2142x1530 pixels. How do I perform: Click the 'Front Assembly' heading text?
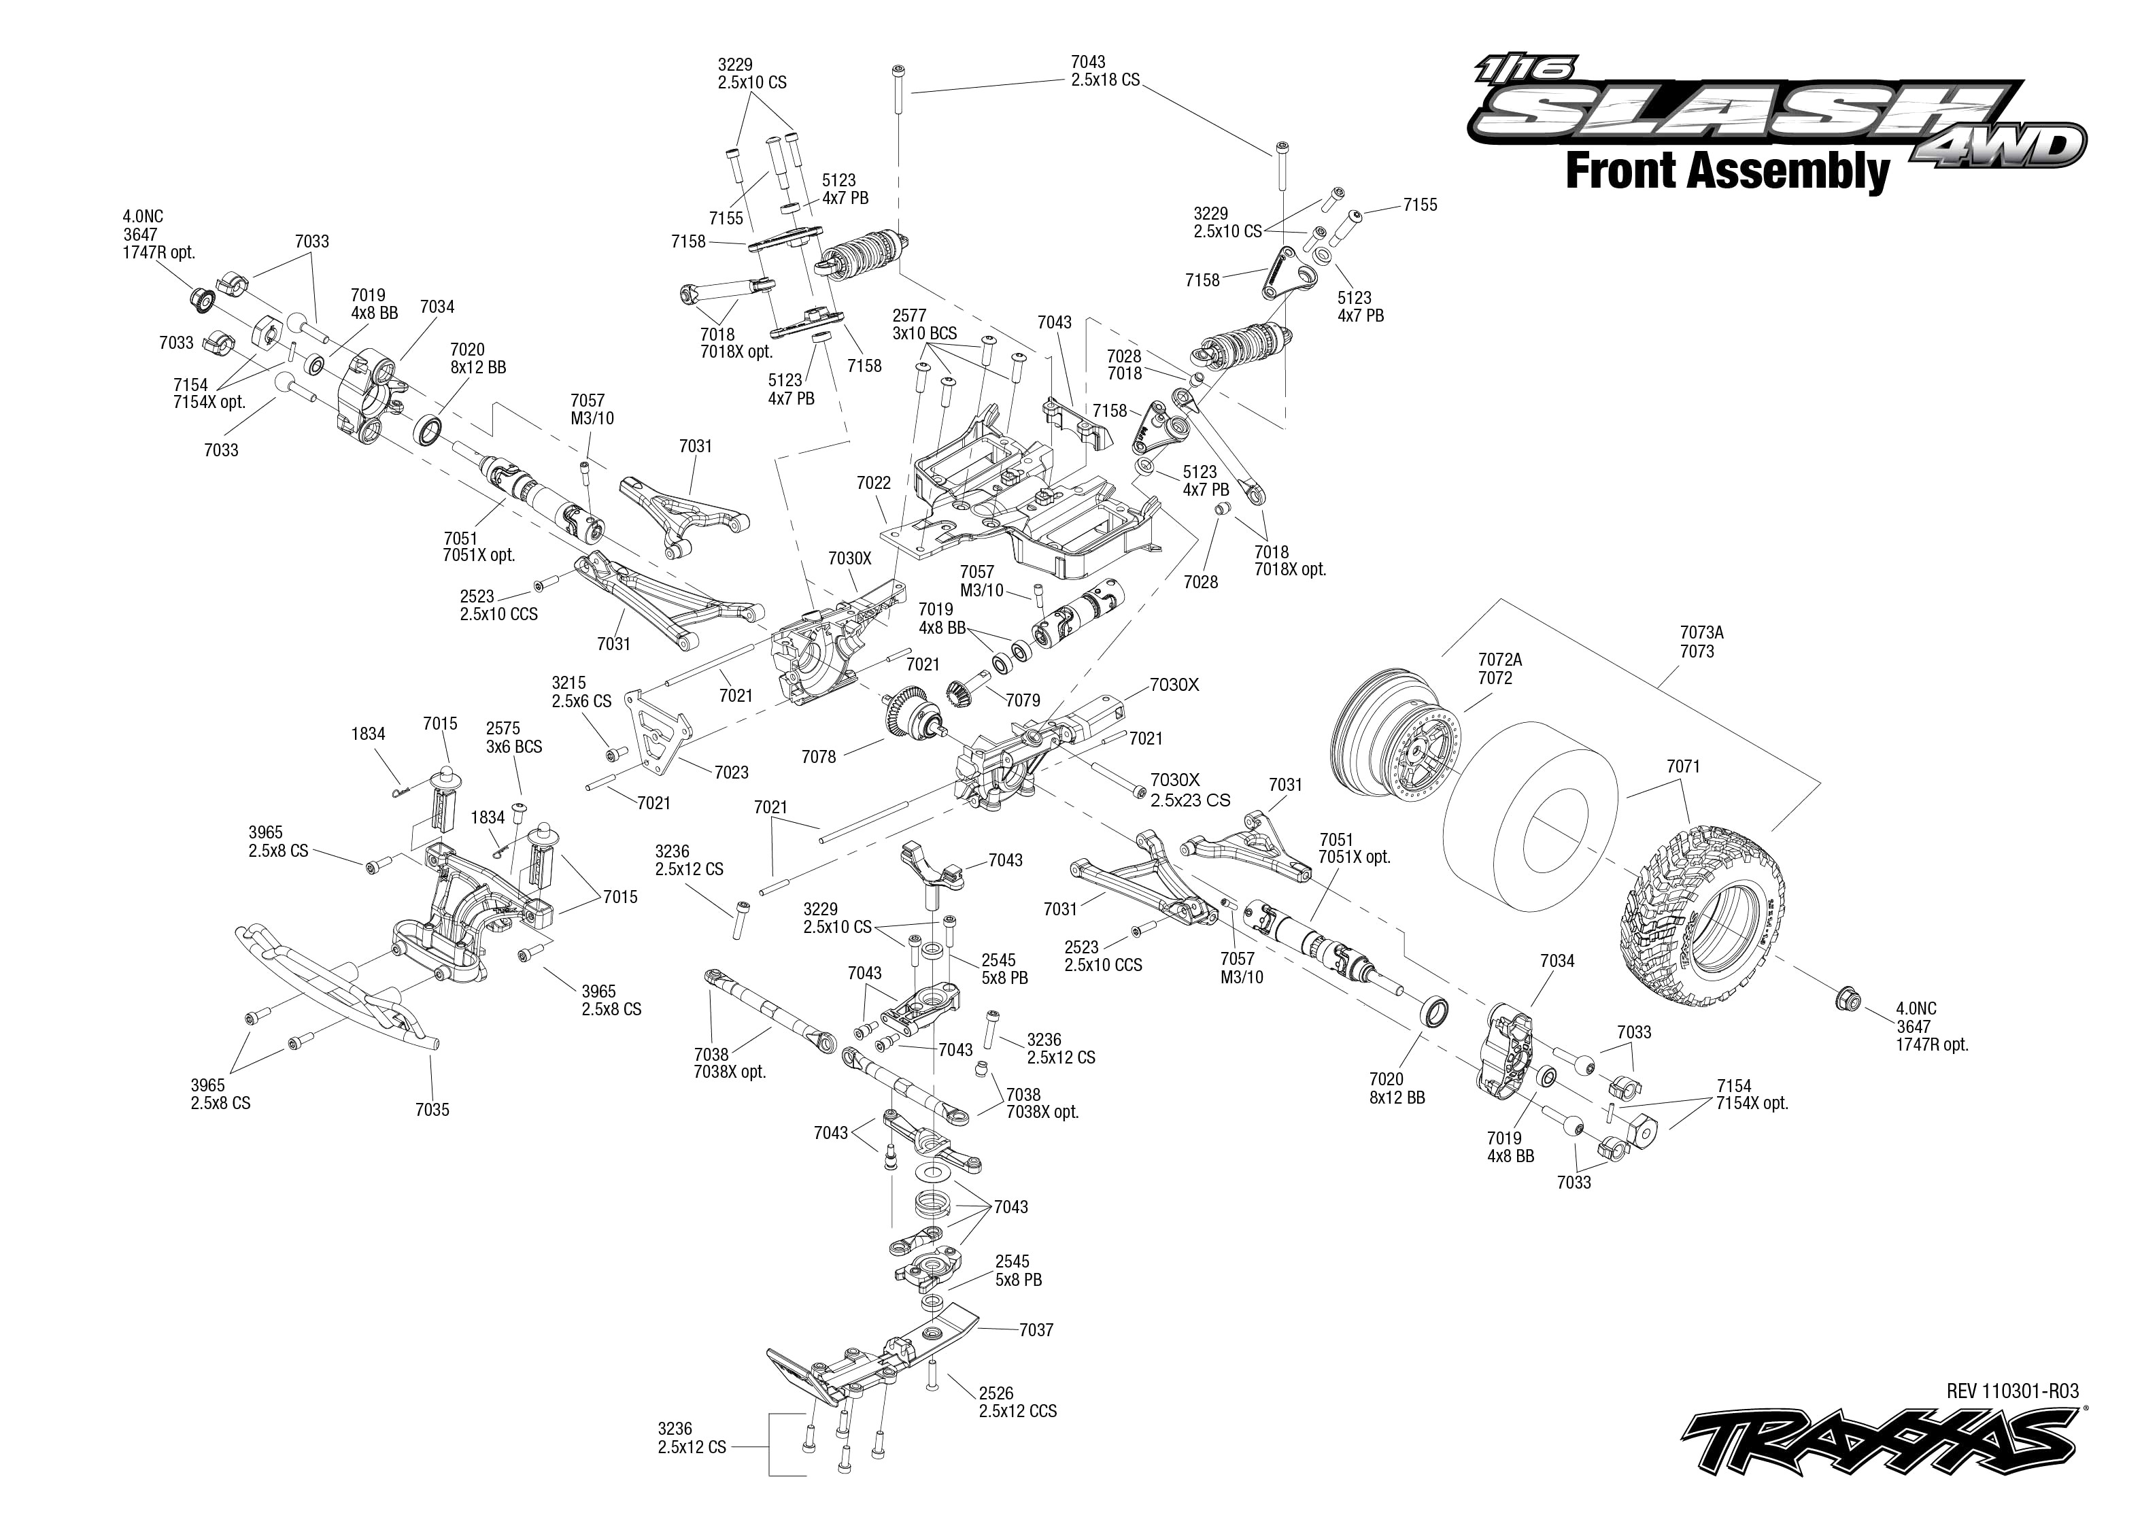tap(1727, 173)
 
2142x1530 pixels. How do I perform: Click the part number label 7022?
tap(873, 482)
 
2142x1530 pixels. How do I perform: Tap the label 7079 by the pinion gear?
tap(1022, 700)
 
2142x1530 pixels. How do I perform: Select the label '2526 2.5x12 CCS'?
tap(1017, 1402)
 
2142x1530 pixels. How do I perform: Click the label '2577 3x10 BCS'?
tap(924, 324)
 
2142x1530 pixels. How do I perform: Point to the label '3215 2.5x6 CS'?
tap(581, 692)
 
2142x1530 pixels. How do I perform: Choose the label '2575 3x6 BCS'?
tap(513, 736)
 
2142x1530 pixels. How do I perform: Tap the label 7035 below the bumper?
tap(432, 1109)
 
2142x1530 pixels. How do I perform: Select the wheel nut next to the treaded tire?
tap(1846, 998)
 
